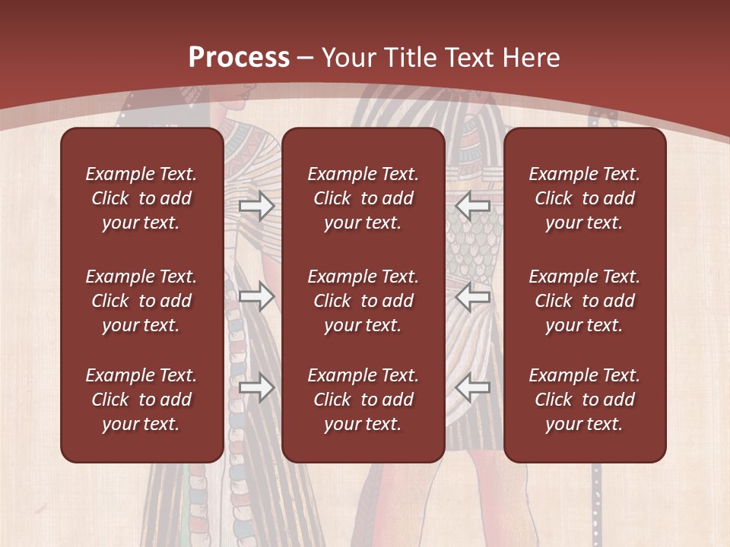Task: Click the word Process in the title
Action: [x=239, y=58]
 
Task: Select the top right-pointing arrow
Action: [x=256, y=205]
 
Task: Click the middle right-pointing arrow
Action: [x=256, y=296]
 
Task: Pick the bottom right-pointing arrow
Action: [x=256, y=387]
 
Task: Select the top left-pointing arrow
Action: [x=473, y=205]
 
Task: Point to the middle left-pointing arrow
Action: [x=473, y=296]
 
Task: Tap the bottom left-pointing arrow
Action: [x=473, y=387]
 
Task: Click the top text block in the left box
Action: [x=141, y=198]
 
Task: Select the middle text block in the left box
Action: [x=141, y=301]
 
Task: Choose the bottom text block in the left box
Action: [x=141, y=400]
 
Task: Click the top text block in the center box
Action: [x=363, y=198]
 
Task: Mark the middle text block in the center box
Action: [x=363, y=301]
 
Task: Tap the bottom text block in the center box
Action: [x=363, y=400]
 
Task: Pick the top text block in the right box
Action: [x=585, y=198]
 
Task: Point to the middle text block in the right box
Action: [x=585, y=301]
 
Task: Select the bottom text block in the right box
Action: [x=585, y=400]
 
